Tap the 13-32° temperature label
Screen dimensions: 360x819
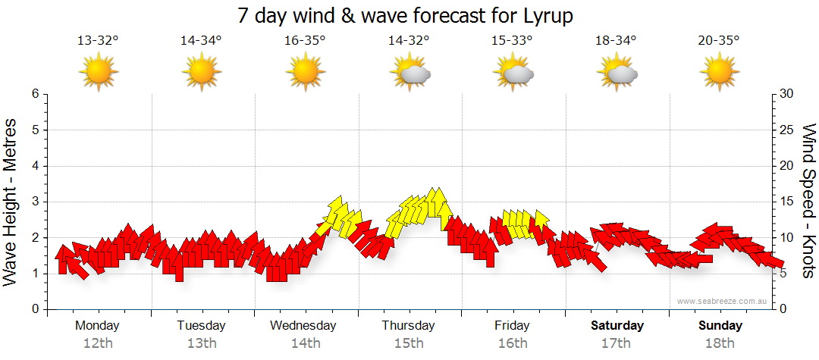pyautogui.click(x=98, y=41)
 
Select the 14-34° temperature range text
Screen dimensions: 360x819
pyautogui.click(x=201, y=41)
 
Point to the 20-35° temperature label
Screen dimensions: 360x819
pyautogui.click(x=719, y=41)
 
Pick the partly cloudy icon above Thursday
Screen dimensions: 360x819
pyautogui.click(x=410, y=74)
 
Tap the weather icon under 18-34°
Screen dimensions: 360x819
pyautogui.click(x=617, y=74)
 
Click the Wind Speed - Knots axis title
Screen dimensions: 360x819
pyautogui.click(x=808, y=202)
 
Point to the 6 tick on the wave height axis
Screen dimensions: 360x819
pyautogui.click(x=35, y=94)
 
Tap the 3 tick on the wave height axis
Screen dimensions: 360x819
pyautogui.click(x=35, y=202)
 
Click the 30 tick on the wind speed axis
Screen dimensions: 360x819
pyautogui.click(x=787, y=94)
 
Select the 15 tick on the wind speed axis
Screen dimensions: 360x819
pyautogui.click(x=787, y=202)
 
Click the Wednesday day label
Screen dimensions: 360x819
pyautogui.click(x=303, y=326)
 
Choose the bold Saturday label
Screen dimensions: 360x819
pyautogui.click(x=617, y=326)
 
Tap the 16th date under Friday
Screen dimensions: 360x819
pyautogui.click(x=513, y=343)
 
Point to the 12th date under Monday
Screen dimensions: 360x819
pyautogui.click(x=98, y=343)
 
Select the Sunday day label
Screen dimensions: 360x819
pyautogui.click(x=720, y=326)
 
